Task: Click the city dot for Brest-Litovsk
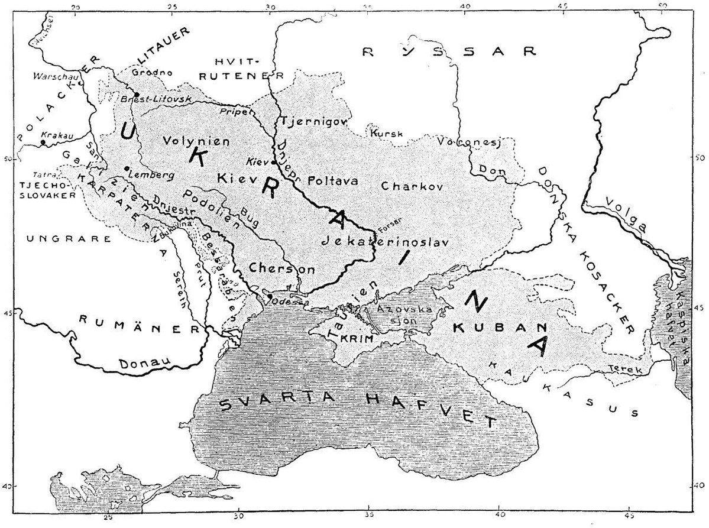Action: pyautogui.click(x=137, y=95)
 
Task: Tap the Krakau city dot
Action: pyautogui.click(x=43, y=142)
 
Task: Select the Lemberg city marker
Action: pyautogui.click(x=127, y=169)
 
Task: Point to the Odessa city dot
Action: pyautogui.click(x=270, y=296)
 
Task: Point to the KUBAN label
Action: pyautogui.click(x=491, y=326)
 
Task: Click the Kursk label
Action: pyautogui.click(x=386, y=134)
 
